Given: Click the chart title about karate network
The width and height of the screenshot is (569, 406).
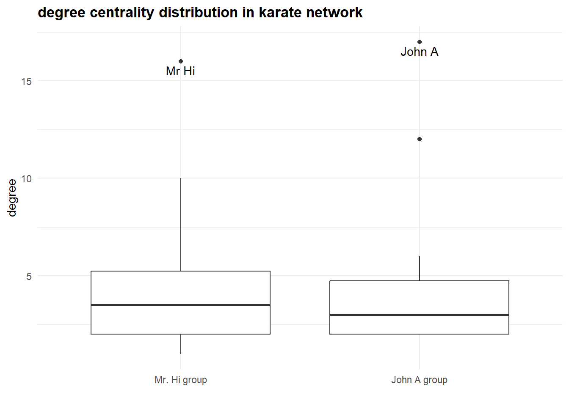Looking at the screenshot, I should (200, 13).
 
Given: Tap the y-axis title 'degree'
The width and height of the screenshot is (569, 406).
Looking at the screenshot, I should (12, 198).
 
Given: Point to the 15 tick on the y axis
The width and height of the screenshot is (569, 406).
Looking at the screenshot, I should (26, 81).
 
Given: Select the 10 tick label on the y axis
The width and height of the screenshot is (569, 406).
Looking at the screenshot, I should (26, 178).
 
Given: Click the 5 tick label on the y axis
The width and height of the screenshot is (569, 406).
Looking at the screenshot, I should (29, 276).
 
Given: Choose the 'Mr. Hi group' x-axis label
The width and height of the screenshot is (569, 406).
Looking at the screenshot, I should (181, 380).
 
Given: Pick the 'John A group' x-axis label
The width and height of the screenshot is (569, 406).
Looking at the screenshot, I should (419, 380).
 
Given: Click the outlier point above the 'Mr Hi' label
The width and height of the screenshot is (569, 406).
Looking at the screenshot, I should (181, 61).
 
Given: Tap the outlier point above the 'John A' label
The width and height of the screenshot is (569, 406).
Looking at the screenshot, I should (420, 42).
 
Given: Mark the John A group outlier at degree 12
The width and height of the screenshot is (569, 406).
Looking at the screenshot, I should (420, 139).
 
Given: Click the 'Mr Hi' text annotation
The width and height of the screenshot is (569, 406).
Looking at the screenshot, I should (180, 71).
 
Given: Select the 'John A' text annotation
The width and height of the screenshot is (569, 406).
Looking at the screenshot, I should (419, 52).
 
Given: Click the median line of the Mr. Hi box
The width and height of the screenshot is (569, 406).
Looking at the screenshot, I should (181, 305).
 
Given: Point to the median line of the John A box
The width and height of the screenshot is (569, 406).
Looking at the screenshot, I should (419, 315).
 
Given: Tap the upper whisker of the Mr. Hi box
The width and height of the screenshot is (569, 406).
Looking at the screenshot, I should (181, 224).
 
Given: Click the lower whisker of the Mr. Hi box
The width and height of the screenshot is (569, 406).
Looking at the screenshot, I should (181, 344).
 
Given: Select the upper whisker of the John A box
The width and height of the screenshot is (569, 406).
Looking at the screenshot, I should (420, 268).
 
